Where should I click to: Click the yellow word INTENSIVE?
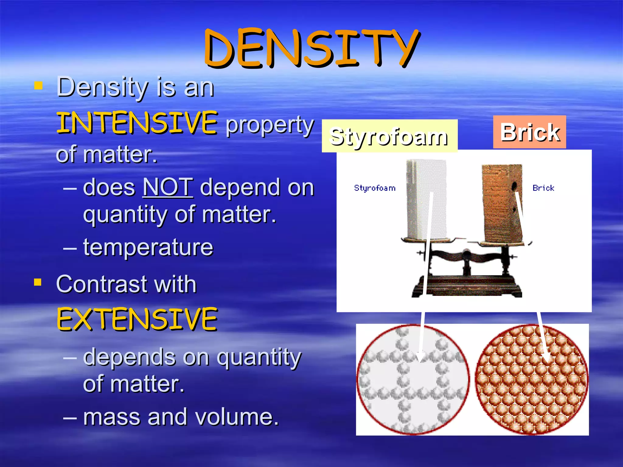pyautogui.click(x=137, y=123)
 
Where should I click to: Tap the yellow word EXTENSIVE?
pyautogui.click(x=137, y=319)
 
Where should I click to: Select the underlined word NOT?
pyautogui.click(x=168, y=187)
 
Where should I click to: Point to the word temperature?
pyautogui.click(x=148, y=247)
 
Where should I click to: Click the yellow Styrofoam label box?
pyautogui.click(x=389, y=136)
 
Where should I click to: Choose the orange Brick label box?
pyautogui.click(x=529, y=132)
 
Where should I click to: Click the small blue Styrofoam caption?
pyautogui.click(x=375, y=188)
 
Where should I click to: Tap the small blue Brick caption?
pyautogui.click(x=543, y=188)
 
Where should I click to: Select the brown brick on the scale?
pyautogui.click(x=502, y=204)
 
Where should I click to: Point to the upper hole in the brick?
pyautogui.click(x=514, y=185)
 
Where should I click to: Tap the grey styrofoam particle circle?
pyautogui.click(x=413, y=379)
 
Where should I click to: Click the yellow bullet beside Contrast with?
pyautogui.click(x=38, y=282)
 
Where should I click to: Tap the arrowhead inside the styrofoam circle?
pyautogui.click(x=421, y=357)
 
